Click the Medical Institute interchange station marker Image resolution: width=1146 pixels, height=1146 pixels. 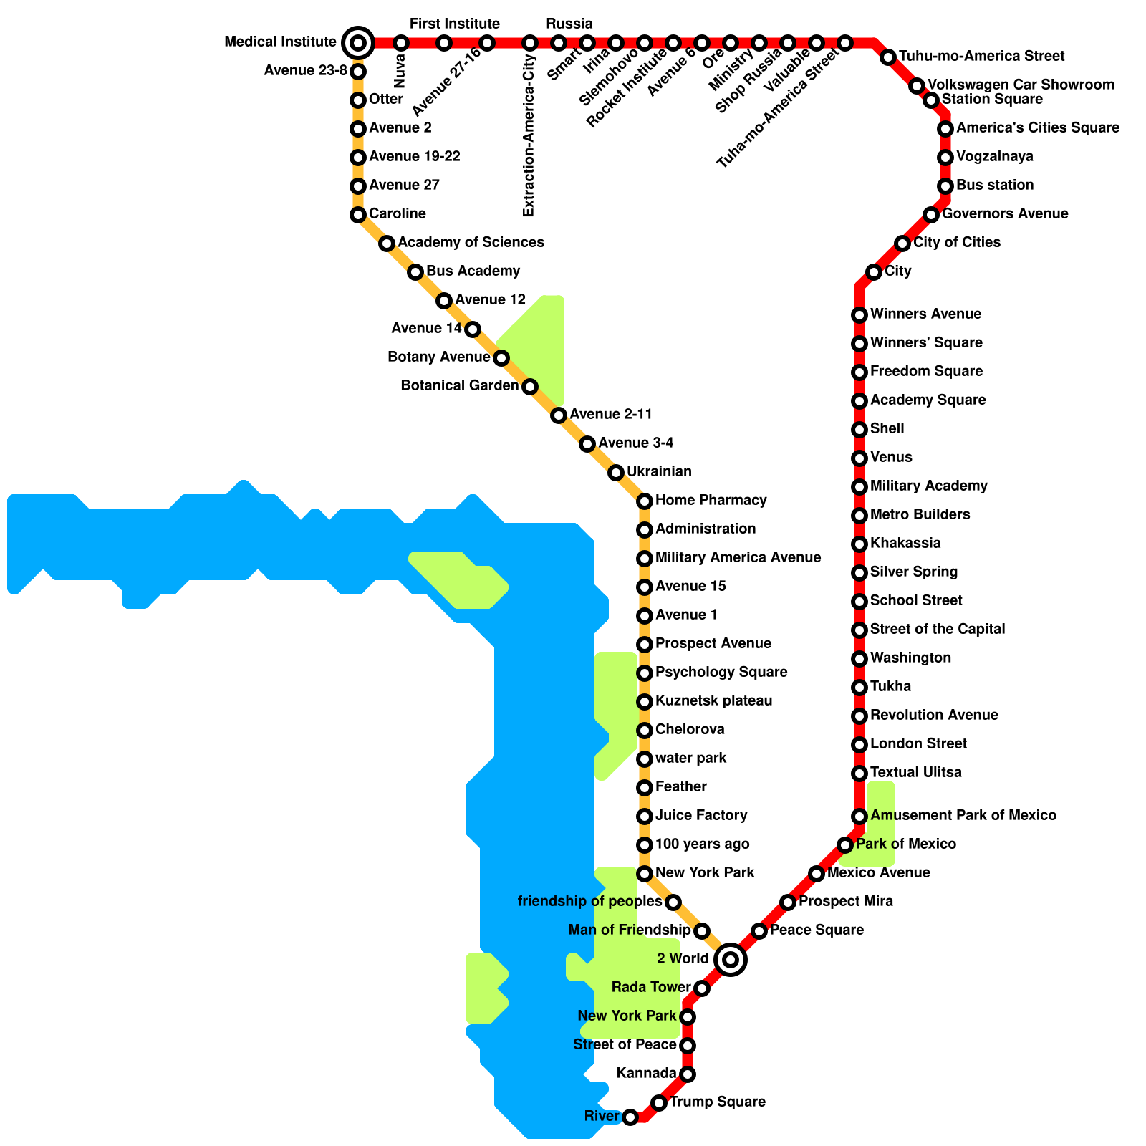coord(358,43)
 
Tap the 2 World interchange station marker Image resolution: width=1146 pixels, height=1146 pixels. coord(731,959)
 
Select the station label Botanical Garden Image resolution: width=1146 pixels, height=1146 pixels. coord(459,386)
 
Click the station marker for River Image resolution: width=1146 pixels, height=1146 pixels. coord(630,1117)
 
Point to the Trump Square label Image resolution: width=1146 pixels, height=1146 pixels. coord(718,1102)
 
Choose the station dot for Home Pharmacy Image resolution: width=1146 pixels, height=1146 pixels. coord(645,501)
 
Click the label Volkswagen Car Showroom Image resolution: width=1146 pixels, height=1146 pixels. coord(1021,85)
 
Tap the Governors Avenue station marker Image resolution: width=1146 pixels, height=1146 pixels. coord(931,215)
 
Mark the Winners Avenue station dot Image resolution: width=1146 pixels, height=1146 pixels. coord(860,315)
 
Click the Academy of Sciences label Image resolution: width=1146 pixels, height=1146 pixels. coord(471,242)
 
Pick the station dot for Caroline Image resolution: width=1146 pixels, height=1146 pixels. coord(358,215)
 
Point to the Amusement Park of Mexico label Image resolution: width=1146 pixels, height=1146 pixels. coord(963,815)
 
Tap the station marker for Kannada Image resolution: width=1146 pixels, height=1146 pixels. coord(688,1074)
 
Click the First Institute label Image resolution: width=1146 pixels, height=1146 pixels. coord(455,24)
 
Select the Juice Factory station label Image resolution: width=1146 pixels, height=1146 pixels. coord(701,815)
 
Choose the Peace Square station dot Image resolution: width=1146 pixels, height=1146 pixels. coord(759,930)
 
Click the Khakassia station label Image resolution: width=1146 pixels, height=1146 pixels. coord(905,543)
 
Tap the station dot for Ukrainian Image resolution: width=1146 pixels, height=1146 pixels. coord(616,473)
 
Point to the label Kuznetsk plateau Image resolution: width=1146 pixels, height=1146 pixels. coord(713,700)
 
